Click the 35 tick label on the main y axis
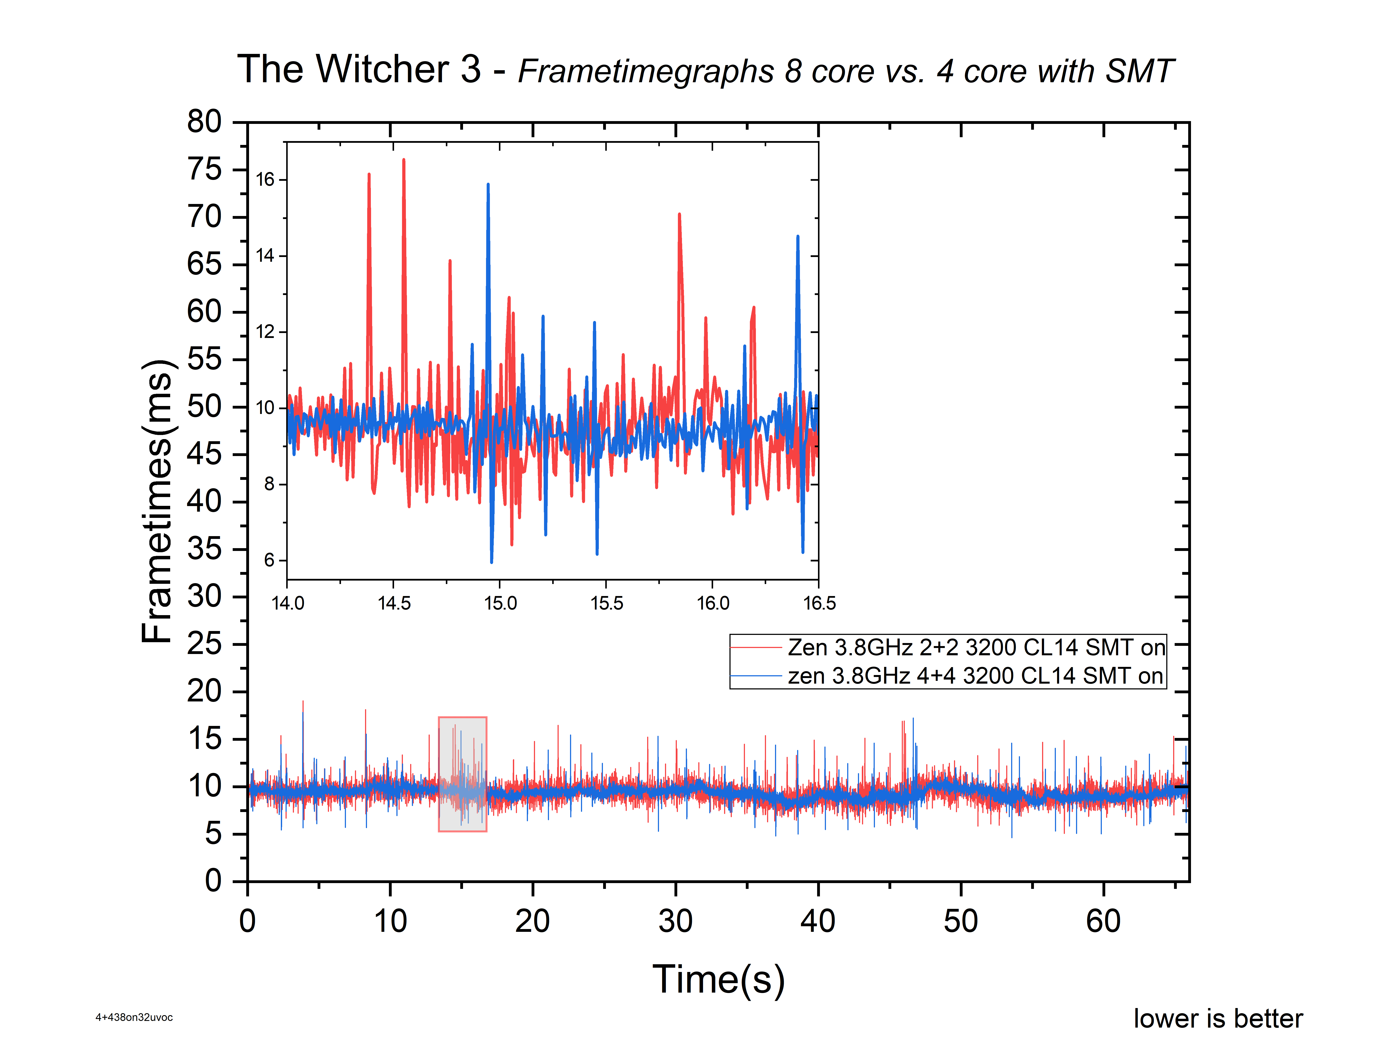[x=205, y=549]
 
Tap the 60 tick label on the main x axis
[x=1103, y=922]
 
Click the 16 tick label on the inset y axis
[x=265, y=180]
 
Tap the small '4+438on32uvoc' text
[x=134, y=1017]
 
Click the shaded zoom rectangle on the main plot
[x=462, y=774]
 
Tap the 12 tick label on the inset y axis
[x=265, y=332]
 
